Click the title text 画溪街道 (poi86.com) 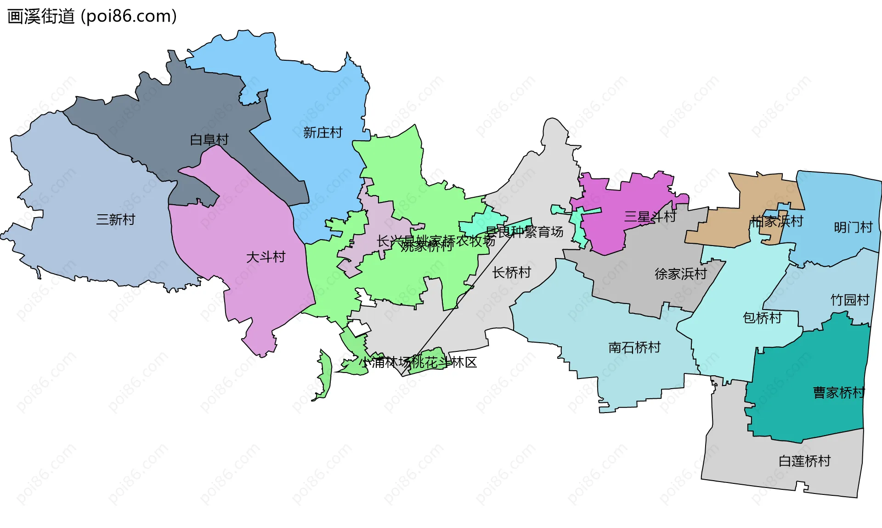click(92, 17)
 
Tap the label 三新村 click(115, 219)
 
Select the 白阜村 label click(209, 139)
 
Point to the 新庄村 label click(322, 132)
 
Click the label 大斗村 click(266, 257)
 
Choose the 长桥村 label click(511, 272)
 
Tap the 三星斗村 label click(650, 216)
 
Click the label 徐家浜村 click(680, 274)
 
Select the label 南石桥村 click(634, 347)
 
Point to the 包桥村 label click(762, 317)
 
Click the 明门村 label click(853, 227)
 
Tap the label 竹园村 click(849, 300)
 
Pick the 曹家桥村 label click(839, 392)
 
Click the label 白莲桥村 click(804, 461)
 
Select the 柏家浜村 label click(776, 221)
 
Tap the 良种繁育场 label click(531, 232)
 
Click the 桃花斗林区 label click(444, 362)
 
